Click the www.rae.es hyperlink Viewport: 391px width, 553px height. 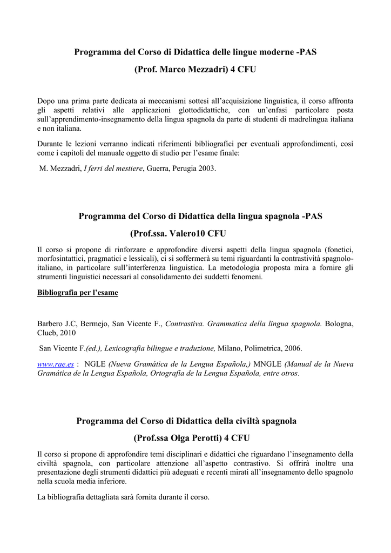(x=55, y=365)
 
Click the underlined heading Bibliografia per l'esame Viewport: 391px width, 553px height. (x=77, y=293)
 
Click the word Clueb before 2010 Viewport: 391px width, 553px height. (x=49, y=333)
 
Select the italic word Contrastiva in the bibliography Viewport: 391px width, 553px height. (x=184, y=324)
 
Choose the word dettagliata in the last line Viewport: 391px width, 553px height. (x=106, y=497)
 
